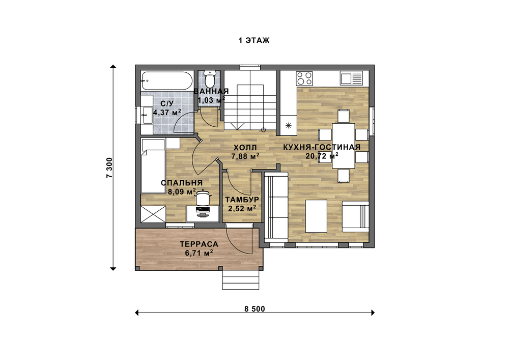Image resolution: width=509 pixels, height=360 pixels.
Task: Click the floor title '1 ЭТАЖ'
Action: pos(254,41)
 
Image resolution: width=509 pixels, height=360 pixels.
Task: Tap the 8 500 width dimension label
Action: pos(255,309)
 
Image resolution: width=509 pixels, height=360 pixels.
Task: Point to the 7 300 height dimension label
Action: pos(109,168)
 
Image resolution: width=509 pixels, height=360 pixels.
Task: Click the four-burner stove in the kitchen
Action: pos(304,78)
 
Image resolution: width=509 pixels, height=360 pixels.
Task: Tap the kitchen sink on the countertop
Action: pos(351,78)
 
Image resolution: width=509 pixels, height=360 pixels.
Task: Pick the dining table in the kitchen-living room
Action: pos(344,146)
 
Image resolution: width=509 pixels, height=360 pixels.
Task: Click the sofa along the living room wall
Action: pos(276,208)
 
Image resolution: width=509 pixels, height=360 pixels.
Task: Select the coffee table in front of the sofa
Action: pos(316,216)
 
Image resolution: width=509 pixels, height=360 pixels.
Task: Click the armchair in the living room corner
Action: pos(355,216)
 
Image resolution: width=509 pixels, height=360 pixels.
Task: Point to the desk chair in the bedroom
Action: pos(203,198)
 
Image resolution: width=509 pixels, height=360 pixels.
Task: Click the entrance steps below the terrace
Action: pos(241,280)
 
